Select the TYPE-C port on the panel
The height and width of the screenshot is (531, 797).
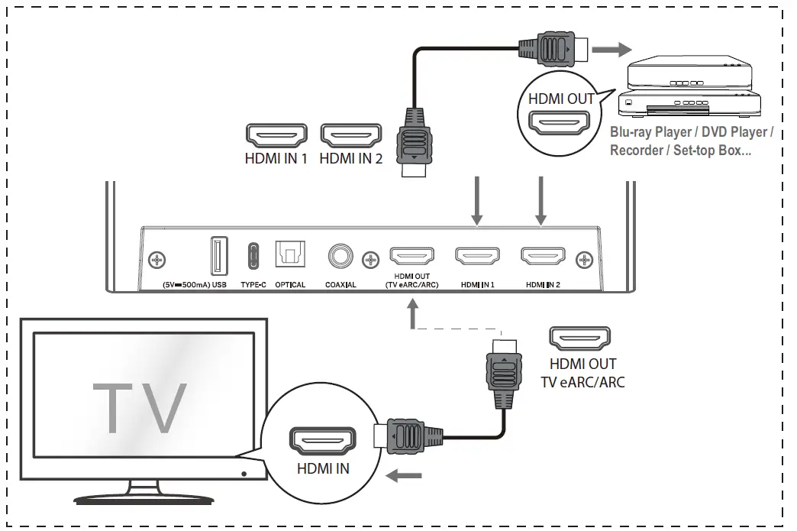click(x=253, y=256)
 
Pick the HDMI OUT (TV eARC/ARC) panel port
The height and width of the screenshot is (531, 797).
click(x=412, y=255)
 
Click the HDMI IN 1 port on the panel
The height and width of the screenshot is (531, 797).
click(x=478, y=255)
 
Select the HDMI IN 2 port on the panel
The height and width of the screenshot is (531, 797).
click(x=543, y=255)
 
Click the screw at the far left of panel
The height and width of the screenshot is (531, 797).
click(x=157, y=260)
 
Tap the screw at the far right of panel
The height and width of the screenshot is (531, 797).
click(x=585, y=260)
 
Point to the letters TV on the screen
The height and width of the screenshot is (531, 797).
click(x=140, y=406)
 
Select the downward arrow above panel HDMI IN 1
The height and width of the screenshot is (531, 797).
click(x=477, y=201)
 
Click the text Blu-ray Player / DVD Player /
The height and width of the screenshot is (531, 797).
click(x=692, y=132)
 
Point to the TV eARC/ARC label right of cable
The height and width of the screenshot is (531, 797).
click(x=582, y=381)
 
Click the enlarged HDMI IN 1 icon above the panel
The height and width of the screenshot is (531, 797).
click(x=276, y=136)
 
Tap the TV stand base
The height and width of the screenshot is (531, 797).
click(x=144, y=497)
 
